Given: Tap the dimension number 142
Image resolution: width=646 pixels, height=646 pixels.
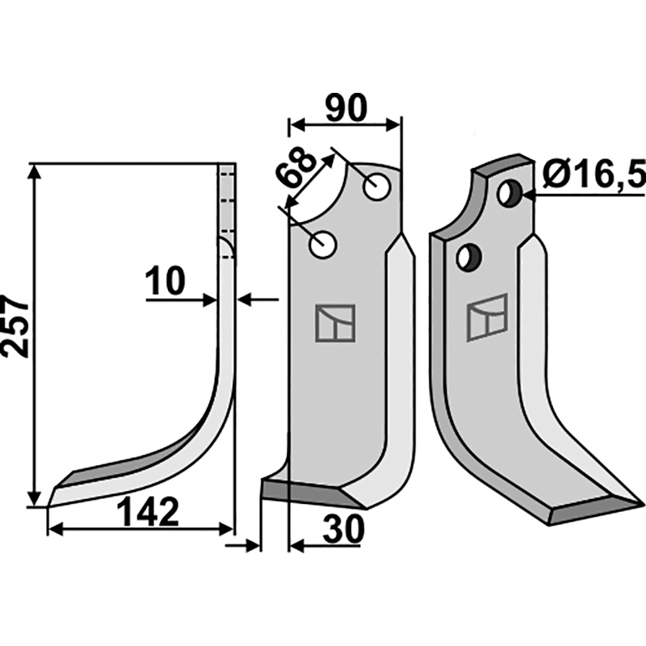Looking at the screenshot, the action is (148, 511).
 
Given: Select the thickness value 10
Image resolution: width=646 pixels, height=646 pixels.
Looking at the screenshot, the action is (166, 281).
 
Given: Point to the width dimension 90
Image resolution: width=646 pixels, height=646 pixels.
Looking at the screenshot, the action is (346, 108).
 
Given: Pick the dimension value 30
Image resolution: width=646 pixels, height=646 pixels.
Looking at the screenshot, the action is (343, 530).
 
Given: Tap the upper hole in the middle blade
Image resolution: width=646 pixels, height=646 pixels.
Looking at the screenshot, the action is (377, 187).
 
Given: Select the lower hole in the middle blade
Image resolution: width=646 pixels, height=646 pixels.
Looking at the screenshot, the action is (323, 245).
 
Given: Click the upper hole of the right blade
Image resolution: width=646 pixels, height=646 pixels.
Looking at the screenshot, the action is (510, 193).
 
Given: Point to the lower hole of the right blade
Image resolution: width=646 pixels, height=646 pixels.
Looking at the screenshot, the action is (469, 258).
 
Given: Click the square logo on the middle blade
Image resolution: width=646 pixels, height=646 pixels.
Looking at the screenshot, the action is (335, 323).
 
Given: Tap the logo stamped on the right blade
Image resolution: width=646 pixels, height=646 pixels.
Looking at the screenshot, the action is (487, 317).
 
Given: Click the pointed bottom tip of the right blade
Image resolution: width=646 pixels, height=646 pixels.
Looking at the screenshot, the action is (644, 503).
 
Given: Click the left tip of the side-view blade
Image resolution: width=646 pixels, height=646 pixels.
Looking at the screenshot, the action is (49, 505).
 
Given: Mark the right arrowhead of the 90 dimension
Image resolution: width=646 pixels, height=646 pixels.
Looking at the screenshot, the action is (392, 124).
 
